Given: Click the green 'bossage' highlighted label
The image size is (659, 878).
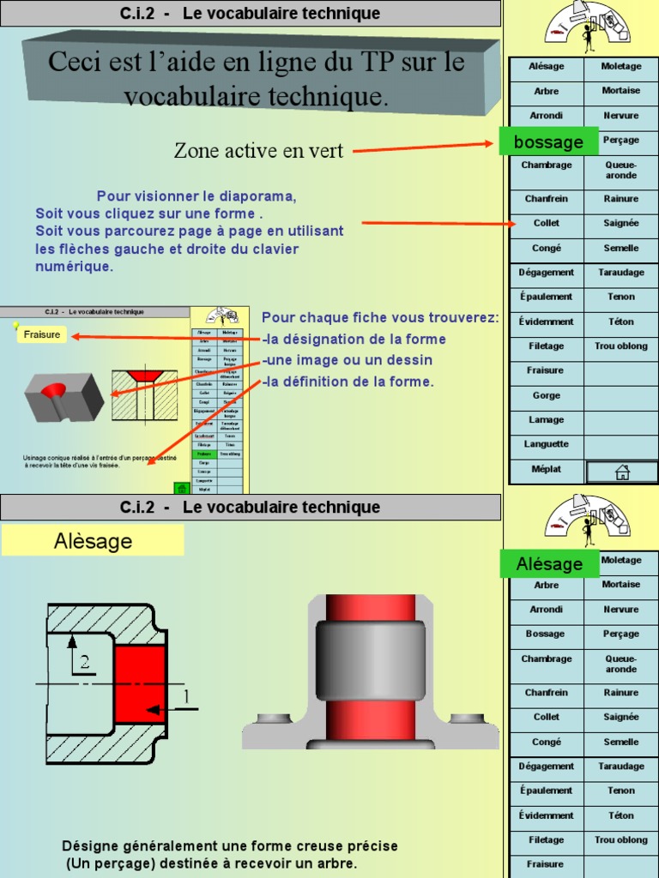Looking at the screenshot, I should click(549, 141).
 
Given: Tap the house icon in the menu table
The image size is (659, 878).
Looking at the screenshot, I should click(622, 472).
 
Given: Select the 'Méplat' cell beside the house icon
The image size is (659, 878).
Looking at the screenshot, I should click(547, 469).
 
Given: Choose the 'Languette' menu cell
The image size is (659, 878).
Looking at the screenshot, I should click(547, 444).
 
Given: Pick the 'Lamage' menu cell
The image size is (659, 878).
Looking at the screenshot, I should click(547, 420).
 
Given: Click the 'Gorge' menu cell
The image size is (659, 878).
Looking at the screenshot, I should click(547, 395).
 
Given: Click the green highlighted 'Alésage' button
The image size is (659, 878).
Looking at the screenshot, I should click(549, 564).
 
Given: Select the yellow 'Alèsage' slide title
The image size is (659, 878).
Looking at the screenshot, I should click(93, 541).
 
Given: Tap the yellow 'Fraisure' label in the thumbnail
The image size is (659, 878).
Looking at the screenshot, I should click(42, 334).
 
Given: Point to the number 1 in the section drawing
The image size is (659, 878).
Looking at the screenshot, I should click(185, 697).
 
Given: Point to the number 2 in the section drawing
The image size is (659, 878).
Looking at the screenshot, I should click(84, 661).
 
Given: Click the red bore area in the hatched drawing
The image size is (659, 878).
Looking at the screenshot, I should click(139, 683).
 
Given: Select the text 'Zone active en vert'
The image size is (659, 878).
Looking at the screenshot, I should click(258, 152).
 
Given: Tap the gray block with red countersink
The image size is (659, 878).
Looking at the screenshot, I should click(63, 395).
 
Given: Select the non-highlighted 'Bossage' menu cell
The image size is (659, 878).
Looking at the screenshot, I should click(547, 634).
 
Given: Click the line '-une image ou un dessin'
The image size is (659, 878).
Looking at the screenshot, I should click(347, 360).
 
